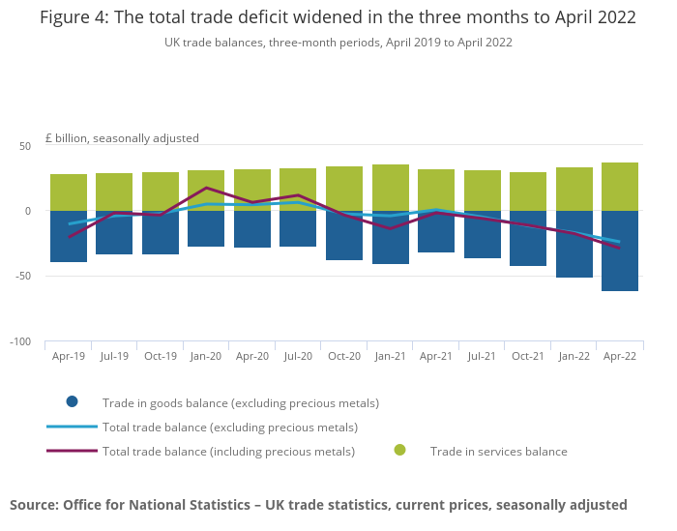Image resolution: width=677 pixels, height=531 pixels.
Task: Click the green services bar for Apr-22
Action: click(x=620, y=186)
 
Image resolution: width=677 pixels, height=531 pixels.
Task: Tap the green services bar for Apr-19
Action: click(x=69, y=192)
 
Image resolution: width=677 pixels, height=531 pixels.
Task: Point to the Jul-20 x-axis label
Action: click(x=298, y=356)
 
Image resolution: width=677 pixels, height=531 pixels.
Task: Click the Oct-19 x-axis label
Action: click(x=161, y=356)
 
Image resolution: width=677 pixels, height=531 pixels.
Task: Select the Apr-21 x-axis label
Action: click(x=436, y=356)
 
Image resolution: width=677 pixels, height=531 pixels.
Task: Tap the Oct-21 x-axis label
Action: click(x=528, y=356)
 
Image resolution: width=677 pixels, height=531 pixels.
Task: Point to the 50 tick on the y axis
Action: click(x=25, y=146)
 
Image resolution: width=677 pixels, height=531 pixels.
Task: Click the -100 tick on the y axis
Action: click(x=20, y=342)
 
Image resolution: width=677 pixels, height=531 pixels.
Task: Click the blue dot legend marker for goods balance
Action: click(x=72, y=402)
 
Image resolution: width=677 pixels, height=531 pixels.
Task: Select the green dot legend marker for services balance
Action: click(x=400, y=451)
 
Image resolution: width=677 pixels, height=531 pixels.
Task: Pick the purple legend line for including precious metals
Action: click(x=72, y=451)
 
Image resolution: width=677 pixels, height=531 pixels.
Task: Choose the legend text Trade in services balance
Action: click(x=498, y=451)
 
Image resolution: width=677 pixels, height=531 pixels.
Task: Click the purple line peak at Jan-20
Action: click(x=206, y=188)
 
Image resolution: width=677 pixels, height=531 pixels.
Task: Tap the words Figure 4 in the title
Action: click(x=74, y=18)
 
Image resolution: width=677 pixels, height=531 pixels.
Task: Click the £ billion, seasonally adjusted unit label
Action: click(x=122, y=138)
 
